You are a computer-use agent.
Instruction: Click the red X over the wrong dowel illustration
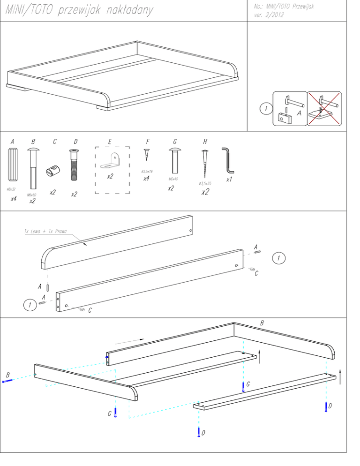coord(324,108)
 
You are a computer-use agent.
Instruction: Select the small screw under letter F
coord(147,155)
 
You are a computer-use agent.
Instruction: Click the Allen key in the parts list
coord(228,159)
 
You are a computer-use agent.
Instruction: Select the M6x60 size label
coord(32,194)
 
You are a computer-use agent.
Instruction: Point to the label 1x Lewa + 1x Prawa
coord(45,232)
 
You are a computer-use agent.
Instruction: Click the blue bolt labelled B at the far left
coord(7,381)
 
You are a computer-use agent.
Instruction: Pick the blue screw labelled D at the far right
coord(326,406)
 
